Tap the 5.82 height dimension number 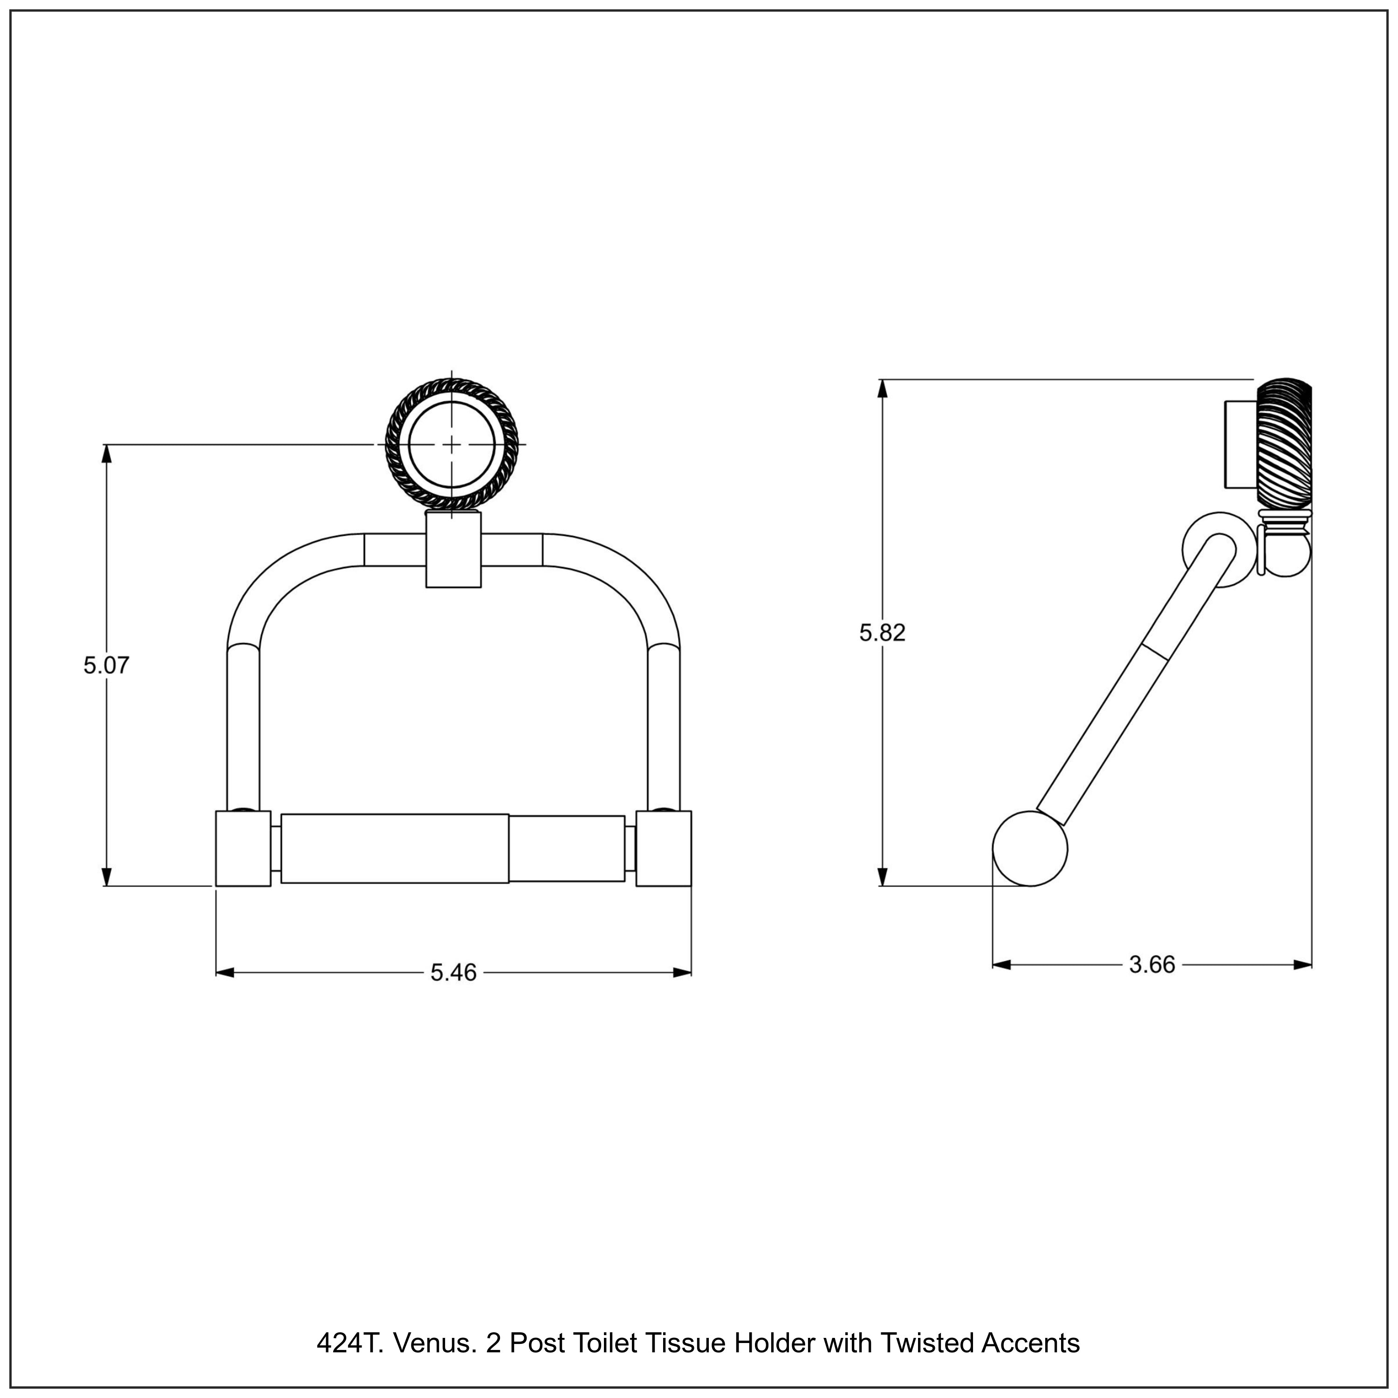882,632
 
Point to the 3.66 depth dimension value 1152,965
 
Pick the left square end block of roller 243,848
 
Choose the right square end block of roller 664,848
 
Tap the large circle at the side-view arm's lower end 1030,849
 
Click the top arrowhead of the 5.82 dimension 882,388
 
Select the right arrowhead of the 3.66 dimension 1303,965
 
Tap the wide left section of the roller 394,848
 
